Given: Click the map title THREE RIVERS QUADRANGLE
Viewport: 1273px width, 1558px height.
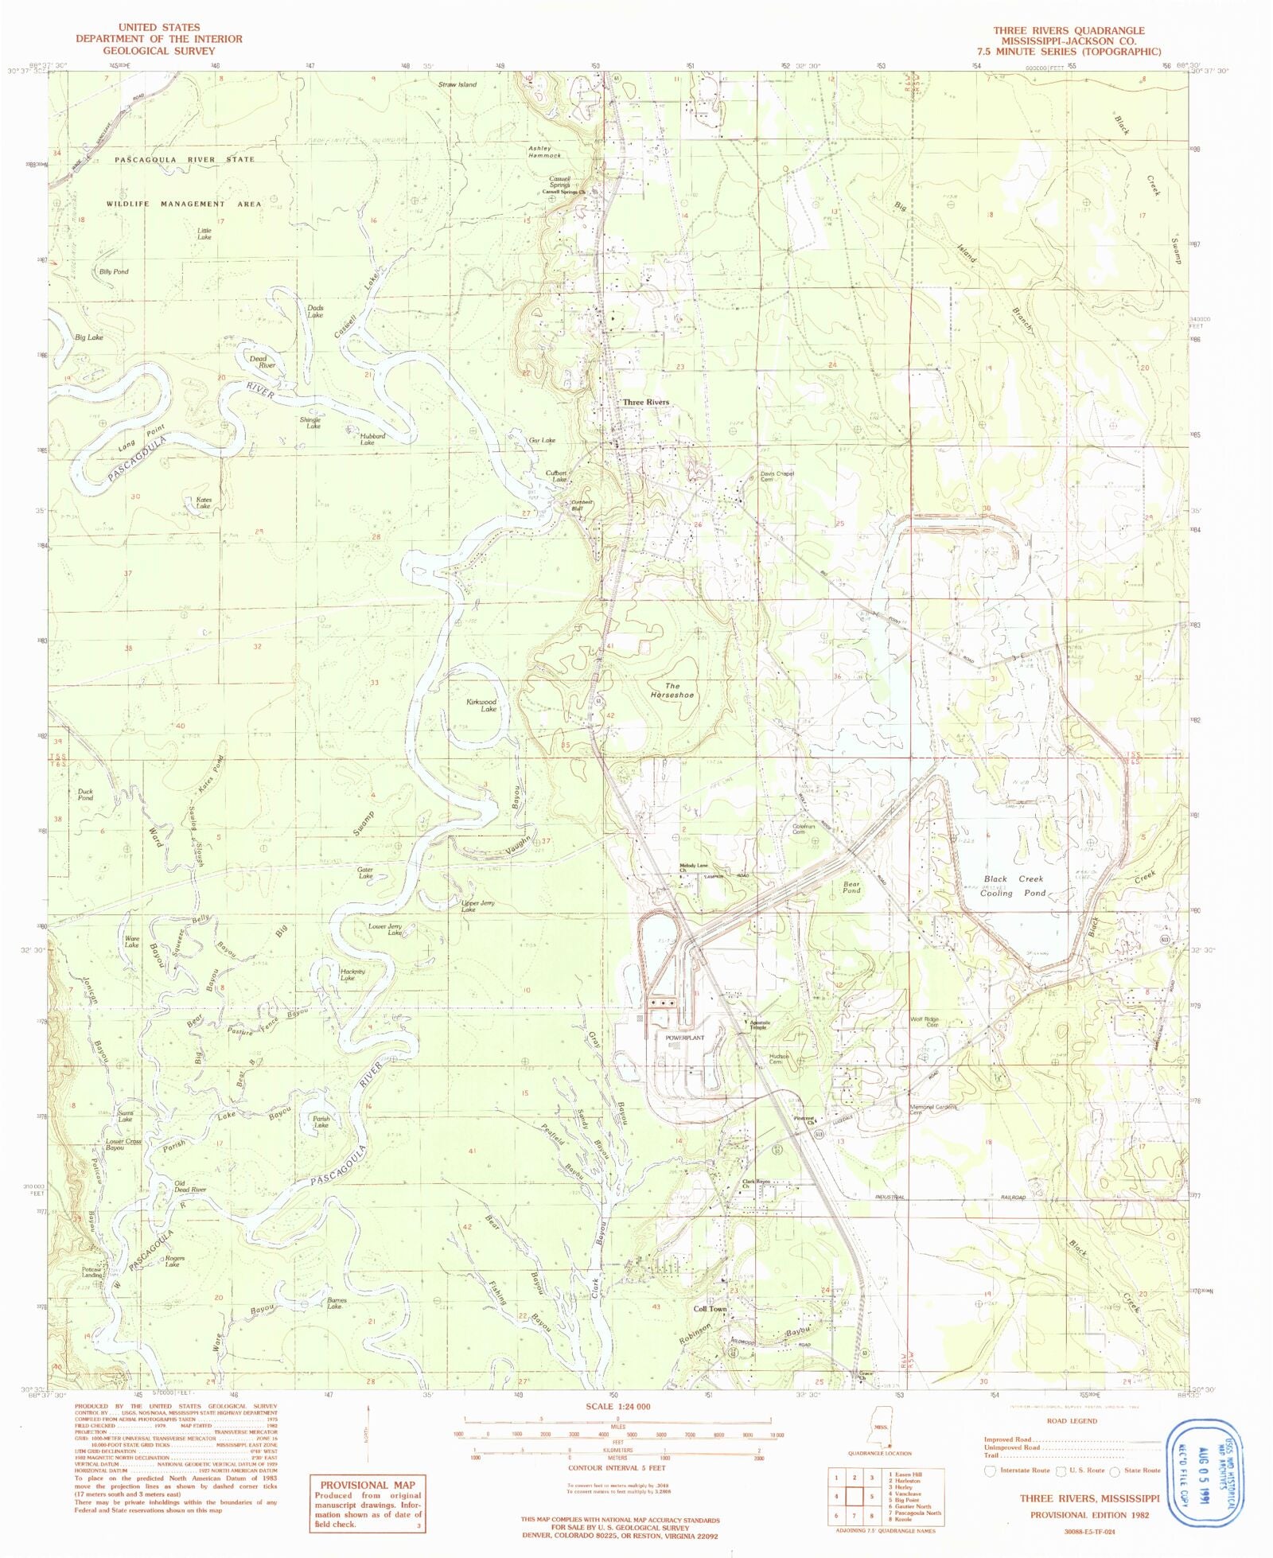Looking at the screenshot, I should click(x=1069, y=30).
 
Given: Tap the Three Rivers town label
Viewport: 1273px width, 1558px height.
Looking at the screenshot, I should click(x=645, y=403).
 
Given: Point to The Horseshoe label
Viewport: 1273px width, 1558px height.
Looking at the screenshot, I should click(x=672, y=691).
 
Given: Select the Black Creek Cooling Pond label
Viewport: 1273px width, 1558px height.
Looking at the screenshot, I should click(x=1013, y=886).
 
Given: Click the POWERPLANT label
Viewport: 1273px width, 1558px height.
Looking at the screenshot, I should click(x=684, y=1038).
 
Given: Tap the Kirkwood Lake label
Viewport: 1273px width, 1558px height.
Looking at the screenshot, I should click(x=482, y=705).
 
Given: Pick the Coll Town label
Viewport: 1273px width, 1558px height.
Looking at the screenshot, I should click(x=710, y=1309).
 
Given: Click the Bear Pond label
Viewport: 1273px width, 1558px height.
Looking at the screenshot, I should click(x=851, y=887).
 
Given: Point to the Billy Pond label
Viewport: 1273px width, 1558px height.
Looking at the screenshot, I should click(x=114, y=272).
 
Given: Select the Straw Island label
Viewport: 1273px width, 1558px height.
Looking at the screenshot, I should click(x=457, y=84).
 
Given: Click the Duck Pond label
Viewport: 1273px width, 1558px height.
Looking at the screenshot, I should click(x=85, y=795).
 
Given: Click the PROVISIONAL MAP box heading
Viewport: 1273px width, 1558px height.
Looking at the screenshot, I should click(x=367, y=1485).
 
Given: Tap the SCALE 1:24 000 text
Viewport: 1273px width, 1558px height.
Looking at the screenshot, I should click(x=617, y=1406).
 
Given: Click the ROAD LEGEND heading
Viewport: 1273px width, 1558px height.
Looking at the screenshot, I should click(x=1072, y=1420).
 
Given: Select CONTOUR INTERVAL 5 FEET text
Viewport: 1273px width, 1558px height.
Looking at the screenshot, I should click(x=617, y=1468).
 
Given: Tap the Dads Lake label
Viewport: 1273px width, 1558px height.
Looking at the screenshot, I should click(x=315, y=311).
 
